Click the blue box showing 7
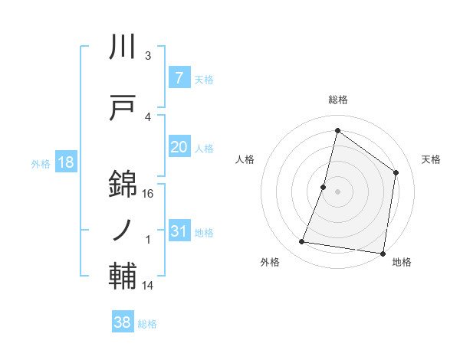(x=179, y=78)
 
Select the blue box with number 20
(x=179, y=147)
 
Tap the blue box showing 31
(x=179, y=231)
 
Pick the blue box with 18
(x=65, y=162)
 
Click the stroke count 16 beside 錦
(x=149, y=194)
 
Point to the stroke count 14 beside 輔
(x=149, y=286)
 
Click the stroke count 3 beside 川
(x=147, y=56)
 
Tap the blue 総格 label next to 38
(x=147, y=324)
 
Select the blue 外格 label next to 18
(x=40, y=163)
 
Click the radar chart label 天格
(x=431, y=159)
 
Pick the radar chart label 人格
(x=245, y=159)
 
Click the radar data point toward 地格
(x=382, y=253)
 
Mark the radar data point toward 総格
(x=337, y=130)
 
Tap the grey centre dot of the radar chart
(x=337, y=191)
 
